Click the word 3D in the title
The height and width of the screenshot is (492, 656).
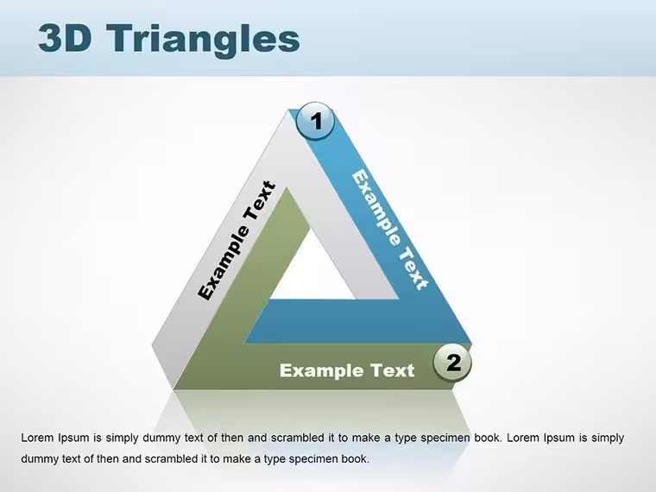65,38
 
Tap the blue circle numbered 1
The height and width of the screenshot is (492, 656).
315,121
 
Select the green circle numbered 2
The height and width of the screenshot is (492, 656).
452,363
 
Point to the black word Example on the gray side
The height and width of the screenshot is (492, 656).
224,262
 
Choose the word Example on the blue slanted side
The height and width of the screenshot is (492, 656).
376,207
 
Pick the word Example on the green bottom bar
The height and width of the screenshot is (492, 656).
322,370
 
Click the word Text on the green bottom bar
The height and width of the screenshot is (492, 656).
393,370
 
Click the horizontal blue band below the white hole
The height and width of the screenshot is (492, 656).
356,321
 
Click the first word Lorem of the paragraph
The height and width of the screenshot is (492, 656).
38,438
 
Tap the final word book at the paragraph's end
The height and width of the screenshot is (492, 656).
356,458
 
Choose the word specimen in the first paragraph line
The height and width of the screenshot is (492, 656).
445,438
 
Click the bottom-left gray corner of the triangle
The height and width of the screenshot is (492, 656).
173,389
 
